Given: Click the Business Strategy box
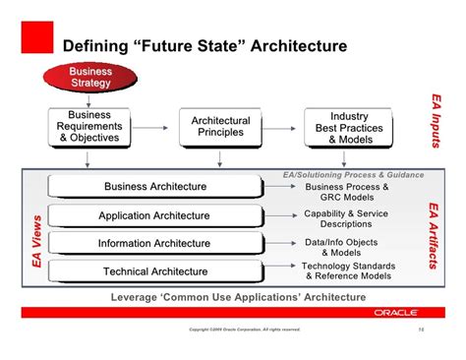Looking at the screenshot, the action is click(91, 77).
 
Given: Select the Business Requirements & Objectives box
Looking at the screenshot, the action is click(89, 127).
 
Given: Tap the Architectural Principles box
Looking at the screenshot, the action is click(220, 127).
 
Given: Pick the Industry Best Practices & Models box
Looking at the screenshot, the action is click(349, 128).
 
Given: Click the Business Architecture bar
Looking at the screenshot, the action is click(155, 187).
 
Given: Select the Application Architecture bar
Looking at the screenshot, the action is click(155, 215).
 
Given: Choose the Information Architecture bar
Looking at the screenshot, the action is click(155, 243).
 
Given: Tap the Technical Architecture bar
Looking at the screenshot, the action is click(155, 270).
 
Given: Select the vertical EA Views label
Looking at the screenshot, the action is click(37, 242).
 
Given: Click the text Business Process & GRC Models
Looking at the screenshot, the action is click(347, 192).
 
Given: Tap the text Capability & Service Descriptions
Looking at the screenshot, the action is click(346, 218).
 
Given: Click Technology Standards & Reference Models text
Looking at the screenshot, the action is click(348, 270).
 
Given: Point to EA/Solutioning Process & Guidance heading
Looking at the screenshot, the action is click(353, 175).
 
